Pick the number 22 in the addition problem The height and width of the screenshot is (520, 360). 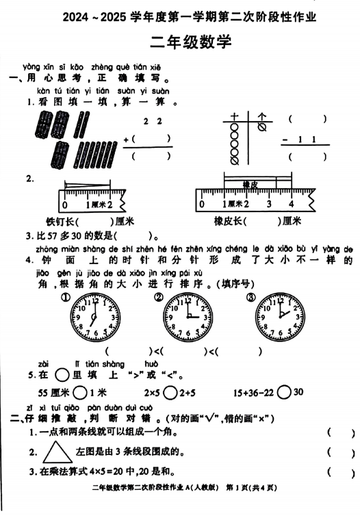coord(151,122)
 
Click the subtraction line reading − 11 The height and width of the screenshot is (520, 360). coord(305,140)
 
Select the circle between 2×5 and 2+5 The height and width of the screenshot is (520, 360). coord(166,393)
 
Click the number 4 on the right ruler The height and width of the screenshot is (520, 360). coord(290,204)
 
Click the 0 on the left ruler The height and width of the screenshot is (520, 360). coord(65,204)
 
